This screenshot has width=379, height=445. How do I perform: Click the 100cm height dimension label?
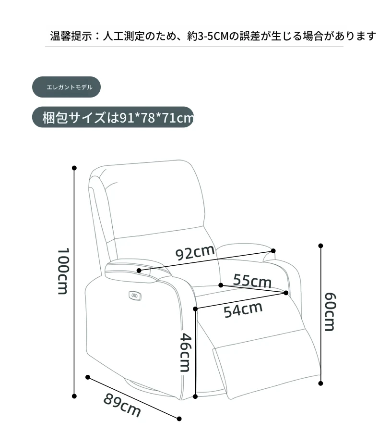pos(63,271)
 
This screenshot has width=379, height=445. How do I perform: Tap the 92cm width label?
pos(195,252)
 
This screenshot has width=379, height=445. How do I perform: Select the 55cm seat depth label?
pos(252,281)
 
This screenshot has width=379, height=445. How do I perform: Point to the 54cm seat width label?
pos(243,309)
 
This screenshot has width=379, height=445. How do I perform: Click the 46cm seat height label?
pos(186,352)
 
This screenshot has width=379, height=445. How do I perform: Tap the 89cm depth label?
pos(122,405)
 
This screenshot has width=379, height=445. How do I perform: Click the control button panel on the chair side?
pos(135,296)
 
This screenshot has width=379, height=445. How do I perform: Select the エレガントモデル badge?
pos(66,87)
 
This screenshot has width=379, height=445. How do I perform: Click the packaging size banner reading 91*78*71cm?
pos(113,117)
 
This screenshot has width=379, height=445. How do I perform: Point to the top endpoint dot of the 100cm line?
pos(74,168)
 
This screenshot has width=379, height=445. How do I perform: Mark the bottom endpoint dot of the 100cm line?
pos(74,396)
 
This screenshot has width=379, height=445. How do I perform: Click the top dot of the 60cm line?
pos(320,246)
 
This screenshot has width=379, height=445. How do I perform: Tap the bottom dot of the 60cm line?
pos(320,383)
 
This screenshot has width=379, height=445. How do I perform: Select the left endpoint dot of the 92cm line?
pos(139,271)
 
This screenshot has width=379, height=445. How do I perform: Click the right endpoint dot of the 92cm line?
pos(273,251)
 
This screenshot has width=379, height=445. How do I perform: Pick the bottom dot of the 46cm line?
pos(195,396)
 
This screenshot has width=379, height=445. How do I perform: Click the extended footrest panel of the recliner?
pos(267,366)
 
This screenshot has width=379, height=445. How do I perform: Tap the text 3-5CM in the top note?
pos(213,37)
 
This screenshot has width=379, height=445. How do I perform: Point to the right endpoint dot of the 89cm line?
pos(179,419)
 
